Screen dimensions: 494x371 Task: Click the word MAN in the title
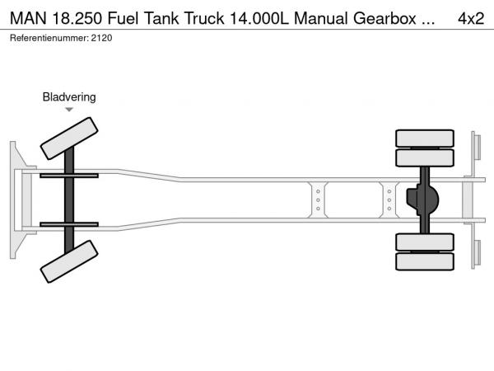pyautogui.click(x=28, y=18)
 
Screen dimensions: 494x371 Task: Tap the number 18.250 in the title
pyautogui.click(x=77, y=18)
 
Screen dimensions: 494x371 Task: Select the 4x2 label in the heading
pyautogui.click(x=471, y=18)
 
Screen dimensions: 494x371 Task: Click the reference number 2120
pyautogui.click(x=101, y=38)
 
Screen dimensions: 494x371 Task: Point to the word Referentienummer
pyautogui.click(x=49, y=38)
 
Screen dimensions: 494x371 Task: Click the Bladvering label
pyautogui.click(x=69, y=96)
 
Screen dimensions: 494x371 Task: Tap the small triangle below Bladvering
pyautogui.click(x=69, y=110)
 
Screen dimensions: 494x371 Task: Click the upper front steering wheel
pyautogui.click(x=69, y=139)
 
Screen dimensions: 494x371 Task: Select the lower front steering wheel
pyautogui.click(x=69, y=261)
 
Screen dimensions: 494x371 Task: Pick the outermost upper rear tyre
pyautogui.click(x=425, y=139)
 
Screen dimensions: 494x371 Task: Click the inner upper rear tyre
pyautogui.click(x=425, y=157)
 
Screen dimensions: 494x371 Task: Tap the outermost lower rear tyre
pyautogui.click(x=425, y=261)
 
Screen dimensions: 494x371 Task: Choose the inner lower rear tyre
pyautogui.click(x=425, y=242)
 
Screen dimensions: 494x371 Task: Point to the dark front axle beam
pyautogui.click(x=69, y=200)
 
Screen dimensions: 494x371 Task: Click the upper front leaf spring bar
pyautogui.click(x=69, y=176)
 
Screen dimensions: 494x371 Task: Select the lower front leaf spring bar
pyautogui.click(x=69, y=224)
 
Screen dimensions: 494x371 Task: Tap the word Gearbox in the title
pyautogui.click(x=384, y=18)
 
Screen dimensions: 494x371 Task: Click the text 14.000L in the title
pyautogui.click(x=259, y=18)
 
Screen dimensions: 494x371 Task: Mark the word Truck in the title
pyautogui.click(x=204, y=18)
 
